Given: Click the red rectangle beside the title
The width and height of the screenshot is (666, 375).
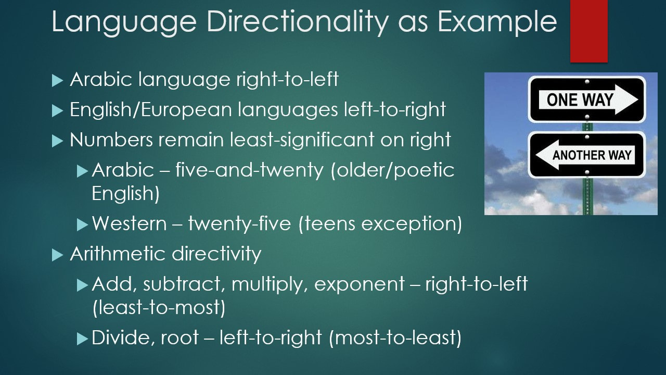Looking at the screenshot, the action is [588, 31].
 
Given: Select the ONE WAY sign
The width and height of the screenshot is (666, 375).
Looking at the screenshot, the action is [587, 99].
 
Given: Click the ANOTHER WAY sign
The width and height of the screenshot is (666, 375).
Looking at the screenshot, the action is [587, 155].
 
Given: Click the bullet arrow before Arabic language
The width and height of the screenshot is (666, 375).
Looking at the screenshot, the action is [57, 80].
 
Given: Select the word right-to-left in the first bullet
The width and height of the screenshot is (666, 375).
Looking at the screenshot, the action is [287, 79].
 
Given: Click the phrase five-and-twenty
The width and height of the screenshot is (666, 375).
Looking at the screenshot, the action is [249, 170].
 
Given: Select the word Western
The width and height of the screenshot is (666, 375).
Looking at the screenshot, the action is [130, 223].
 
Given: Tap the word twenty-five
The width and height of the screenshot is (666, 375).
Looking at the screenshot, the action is [239, 224].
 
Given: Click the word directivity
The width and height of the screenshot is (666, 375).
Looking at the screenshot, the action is [216, 254].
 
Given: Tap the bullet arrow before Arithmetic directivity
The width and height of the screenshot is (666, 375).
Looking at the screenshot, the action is [57, 255].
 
